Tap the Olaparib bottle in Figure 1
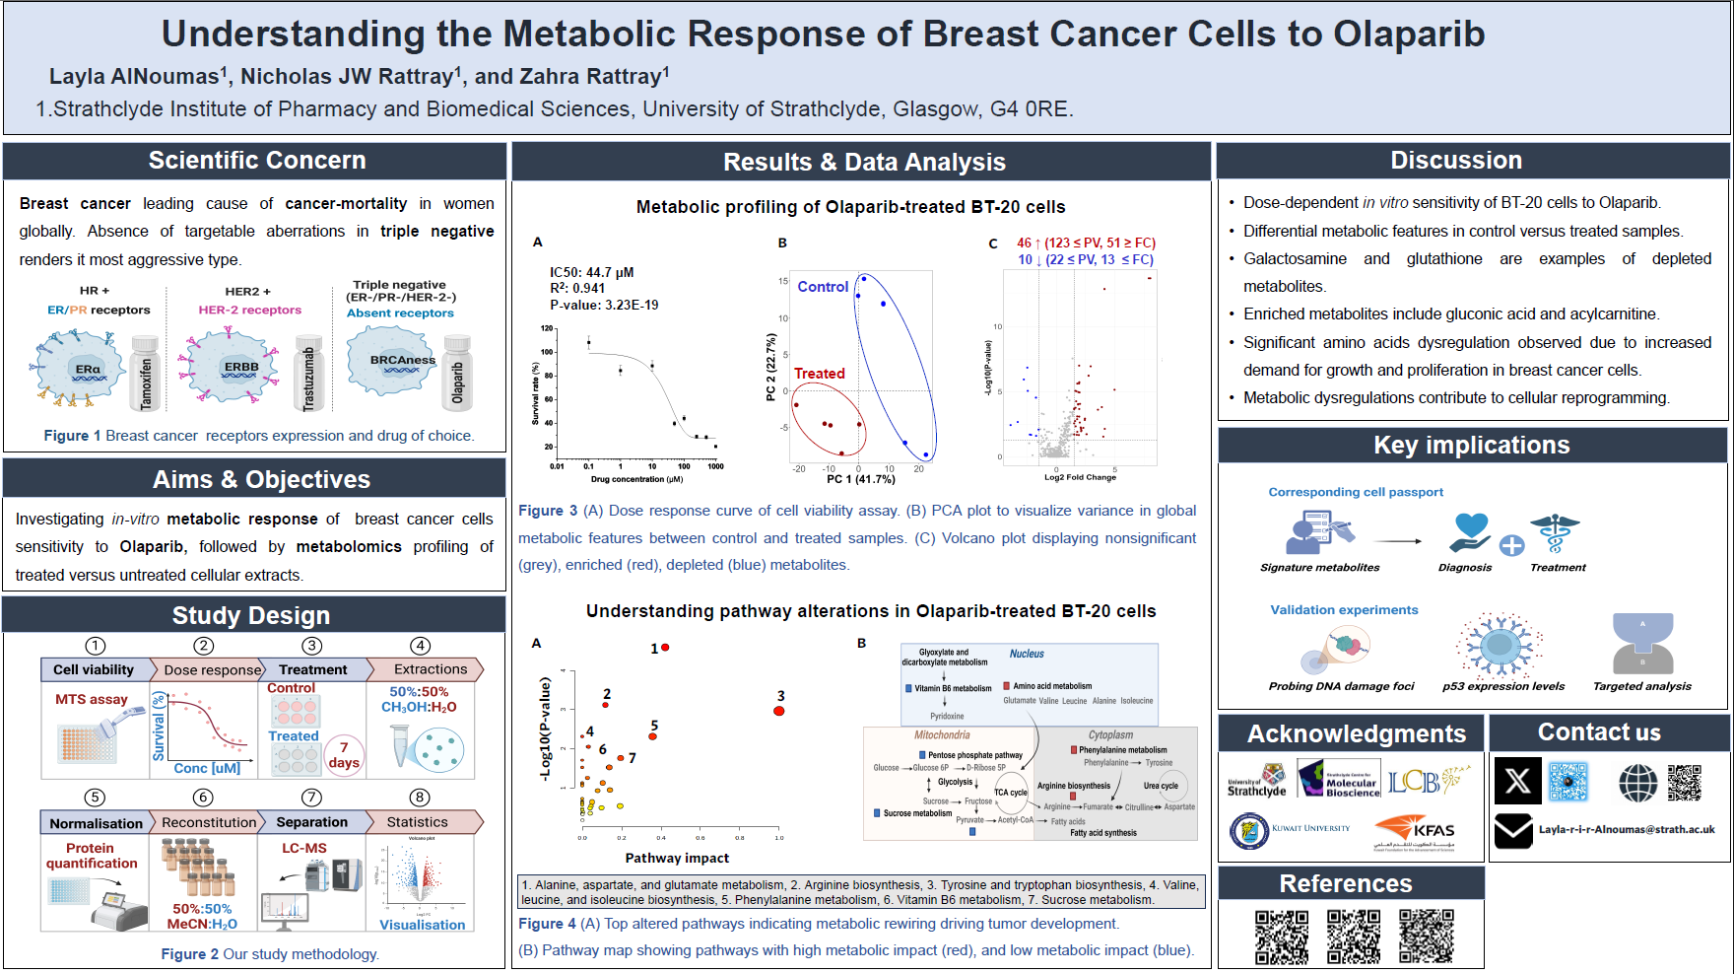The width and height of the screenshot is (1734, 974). click(457, 374)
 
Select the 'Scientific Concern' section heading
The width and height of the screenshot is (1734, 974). click(256, 161)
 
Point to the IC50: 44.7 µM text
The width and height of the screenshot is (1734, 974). click(591, 272)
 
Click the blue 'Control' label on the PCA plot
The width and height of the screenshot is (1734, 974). click(823, 287)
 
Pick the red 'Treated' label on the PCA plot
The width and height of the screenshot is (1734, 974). click(820, 374)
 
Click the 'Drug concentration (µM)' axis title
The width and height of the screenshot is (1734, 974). click(636, 480)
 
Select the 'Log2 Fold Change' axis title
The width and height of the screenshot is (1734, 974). click(1080, 477)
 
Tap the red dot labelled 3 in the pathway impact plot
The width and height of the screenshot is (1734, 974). click(779, 710)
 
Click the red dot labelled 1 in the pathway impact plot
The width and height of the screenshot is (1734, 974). click(665, 648)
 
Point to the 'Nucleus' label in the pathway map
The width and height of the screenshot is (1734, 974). click(1027, 654)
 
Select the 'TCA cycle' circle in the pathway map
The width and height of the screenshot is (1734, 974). click(1011, 792)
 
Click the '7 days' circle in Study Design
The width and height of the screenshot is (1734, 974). click(344, 755)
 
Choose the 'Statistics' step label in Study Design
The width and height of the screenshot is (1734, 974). click(418, 822)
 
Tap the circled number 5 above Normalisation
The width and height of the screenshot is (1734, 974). click(95, 798)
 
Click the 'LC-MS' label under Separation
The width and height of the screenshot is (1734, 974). click(304, 848)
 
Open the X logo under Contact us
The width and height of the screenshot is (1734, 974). click(1517, 782)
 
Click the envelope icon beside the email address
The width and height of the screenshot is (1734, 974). click(1513, 831)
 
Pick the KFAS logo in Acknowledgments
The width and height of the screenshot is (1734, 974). click(1416, 831)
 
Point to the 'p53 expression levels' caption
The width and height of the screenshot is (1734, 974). click(1503, 686)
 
